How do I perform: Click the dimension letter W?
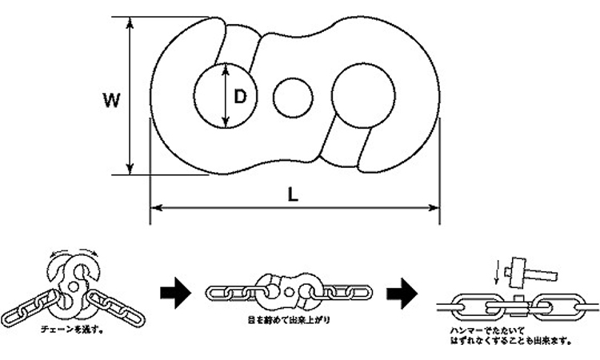coord(113,101)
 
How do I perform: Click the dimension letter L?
coord(294,195)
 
